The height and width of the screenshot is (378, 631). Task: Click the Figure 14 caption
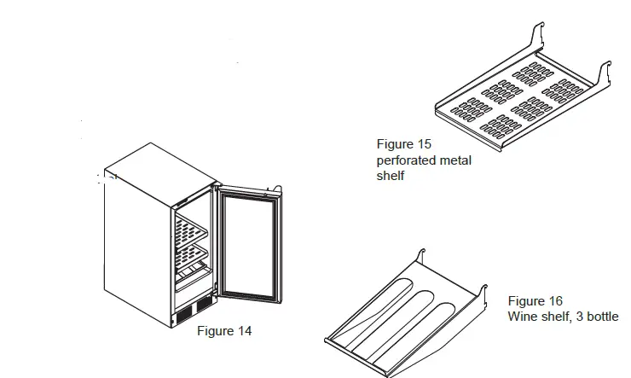coord(224,331)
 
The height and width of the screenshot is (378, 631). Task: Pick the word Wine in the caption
coord(522,317)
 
